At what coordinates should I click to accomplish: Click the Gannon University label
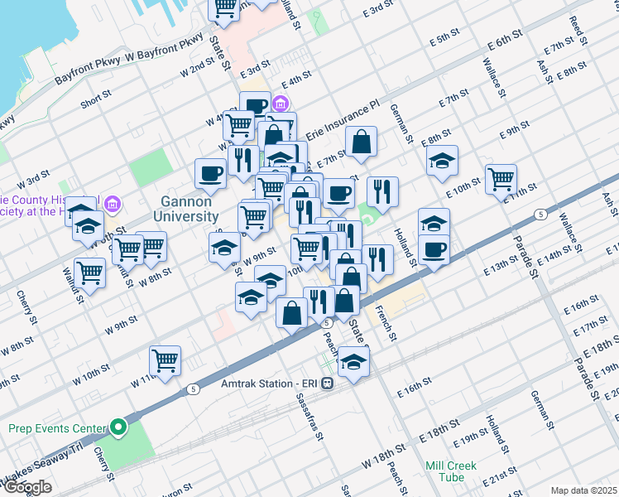coord(185,208)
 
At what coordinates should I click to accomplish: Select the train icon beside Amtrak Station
coord(329,384)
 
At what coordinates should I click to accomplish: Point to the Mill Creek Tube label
coord(451,471)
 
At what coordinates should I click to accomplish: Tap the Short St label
coord(96,103)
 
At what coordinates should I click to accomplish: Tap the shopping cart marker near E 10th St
coord(501,177)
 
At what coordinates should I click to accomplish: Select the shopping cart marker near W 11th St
coord(166,360)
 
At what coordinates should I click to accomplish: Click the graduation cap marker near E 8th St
coord(443,159)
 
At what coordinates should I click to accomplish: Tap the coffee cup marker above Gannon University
coord(210,172)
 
